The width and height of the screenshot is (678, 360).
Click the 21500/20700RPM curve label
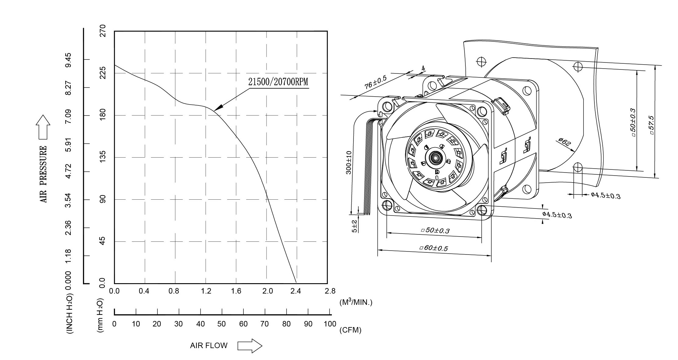pyautogui.click(x=278, y=82)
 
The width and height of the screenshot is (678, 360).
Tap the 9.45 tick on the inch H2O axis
pyautogui.click(x=68, y=60)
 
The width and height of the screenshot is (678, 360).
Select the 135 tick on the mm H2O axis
pyautogui.click(x=103, y=157)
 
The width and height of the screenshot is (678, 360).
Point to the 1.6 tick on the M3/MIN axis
pyautogui.click(x=236, y=291)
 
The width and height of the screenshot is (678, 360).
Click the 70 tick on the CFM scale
pyautogui.click(x=264, y=324)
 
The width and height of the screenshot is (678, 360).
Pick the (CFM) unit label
pyautogui.click(x=350, y=330)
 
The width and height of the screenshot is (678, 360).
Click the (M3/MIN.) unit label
pyautogui.click(x=356, y=302)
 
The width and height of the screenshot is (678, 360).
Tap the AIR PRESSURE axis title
pyautogui.click(x=44, y=174)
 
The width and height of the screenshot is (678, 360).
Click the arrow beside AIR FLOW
pyautogui.click(x=250, y=346)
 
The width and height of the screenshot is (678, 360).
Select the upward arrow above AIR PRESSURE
pyautogui.click(x=43, y=127)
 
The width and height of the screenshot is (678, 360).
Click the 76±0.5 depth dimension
pyautogui.click(x=375, y=82)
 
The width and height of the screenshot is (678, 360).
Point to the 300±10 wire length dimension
pyautogui.click(x=349, y=162)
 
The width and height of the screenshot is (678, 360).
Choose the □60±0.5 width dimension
pyautogui.click(x=434, y=248)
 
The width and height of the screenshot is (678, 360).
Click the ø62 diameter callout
pyautogui.click(x=565, y=142)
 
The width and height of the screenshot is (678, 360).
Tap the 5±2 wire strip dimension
pyautogui.click(x=354, y=226)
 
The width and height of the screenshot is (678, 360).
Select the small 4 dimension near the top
pyautogui.click(x=423, y=69)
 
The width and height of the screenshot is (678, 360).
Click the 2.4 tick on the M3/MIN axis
pyautogui.click(x=296, y=291)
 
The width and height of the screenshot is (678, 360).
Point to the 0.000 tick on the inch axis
pyautogui.click(x=68, y=280)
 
